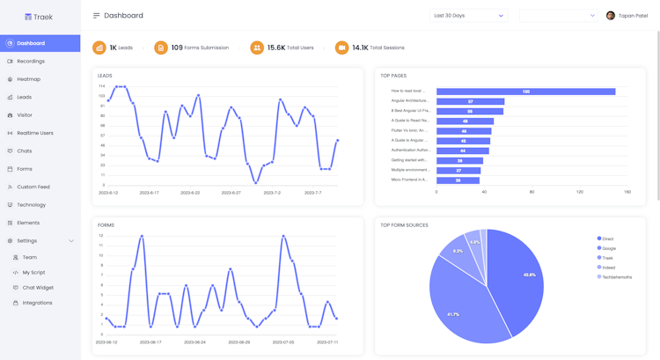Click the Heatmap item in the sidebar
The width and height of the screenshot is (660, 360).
tap(28, 79)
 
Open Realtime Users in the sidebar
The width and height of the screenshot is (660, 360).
tap(34, 133)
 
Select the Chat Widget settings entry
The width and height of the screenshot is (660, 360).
tap(38, 288)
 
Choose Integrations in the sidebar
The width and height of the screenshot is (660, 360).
tap(37, 303)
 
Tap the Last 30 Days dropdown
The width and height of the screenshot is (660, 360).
tap(468, 16)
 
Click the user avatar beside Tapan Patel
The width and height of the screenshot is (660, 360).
tap(611, 16)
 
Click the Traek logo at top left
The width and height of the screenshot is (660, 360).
tap(39, 17)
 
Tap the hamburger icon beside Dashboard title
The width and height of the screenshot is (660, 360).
tap(96, 16)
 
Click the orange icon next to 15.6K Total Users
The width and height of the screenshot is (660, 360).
tap(257, 48)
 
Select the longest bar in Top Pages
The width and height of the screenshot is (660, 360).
tap(525, 92)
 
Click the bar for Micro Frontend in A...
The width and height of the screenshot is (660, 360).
tap(458, 180)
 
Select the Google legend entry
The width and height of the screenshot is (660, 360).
tap(608, 248)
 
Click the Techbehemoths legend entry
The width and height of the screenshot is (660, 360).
tap(616, 277)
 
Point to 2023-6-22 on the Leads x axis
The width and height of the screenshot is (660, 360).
tap(190, 193)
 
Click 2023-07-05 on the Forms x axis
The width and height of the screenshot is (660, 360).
tap(283, 342)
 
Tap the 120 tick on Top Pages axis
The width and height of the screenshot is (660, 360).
tap(579, 192)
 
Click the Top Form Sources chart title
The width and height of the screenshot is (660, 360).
tap(404, 225)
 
